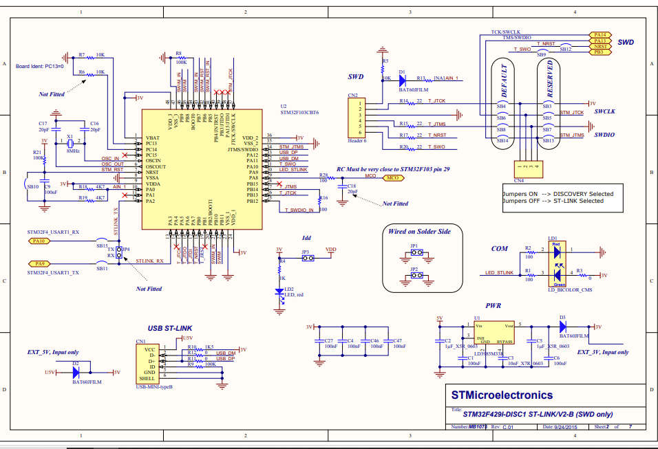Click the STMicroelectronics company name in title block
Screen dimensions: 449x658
coord(501,395)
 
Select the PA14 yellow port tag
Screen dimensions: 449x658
coord(599,34)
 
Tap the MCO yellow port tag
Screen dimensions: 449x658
coord(392,177)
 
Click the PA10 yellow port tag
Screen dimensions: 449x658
coord(38,241)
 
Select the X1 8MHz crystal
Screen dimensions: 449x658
coord(70,144)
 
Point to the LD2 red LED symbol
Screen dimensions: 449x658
coord(280,292)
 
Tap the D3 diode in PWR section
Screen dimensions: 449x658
coord(562,327)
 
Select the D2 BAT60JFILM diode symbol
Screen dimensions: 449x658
coord(76,372)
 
